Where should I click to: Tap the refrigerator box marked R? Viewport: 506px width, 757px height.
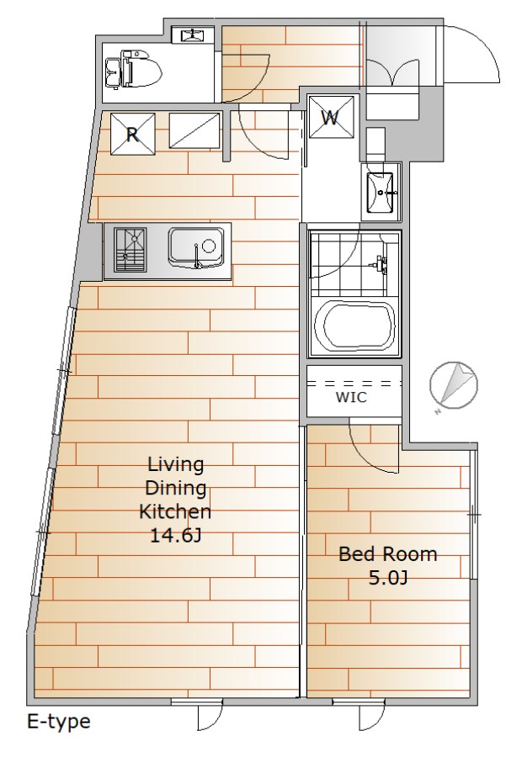tap(133, 134)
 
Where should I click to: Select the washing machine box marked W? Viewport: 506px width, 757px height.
tap(331, 117)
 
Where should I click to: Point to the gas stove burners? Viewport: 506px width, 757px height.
tap(130, 249)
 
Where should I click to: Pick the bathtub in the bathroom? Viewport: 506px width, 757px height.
tap(355, 327)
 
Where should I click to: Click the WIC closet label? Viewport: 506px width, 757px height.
tap(351, 397)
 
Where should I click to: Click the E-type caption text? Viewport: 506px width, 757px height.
tap(58, 723)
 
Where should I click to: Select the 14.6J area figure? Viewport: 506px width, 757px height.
tap(175, 535)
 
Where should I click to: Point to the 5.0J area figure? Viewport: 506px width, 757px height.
tap(387, 577)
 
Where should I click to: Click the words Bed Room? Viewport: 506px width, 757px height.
tap(387, 553)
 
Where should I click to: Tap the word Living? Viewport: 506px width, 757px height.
tap(175, 464)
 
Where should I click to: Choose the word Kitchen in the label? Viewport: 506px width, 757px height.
tap(175, 511)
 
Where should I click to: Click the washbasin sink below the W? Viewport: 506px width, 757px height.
tap(381, 192)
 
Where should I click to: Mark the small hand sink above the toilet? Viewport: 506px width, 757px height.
tap(194, 34)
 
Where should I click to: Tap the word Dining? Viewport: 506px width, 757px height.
tap(175, 488)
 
